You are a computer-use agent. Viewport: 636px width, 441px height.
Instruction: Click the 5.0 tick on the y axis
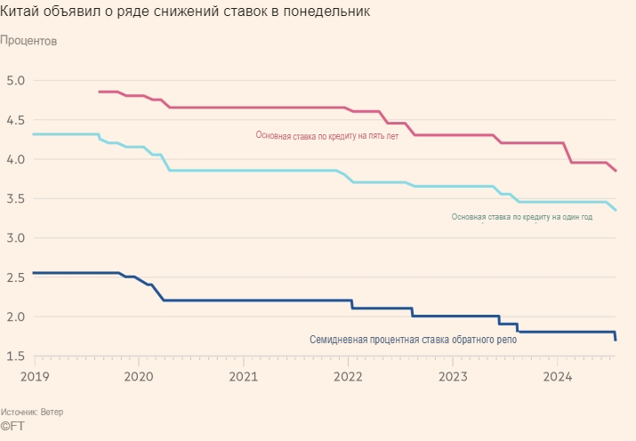(x=16, y=81)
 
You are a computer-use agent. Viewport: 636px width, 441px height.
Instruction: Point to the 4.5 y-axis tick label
(x=16, y=120)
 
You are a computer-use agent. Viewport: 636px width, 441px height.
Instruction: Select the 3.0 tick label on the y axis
(x=16, y=238)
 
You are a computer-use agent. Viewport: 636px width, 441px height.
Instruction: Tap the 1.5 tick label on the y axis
(x=16, y=357)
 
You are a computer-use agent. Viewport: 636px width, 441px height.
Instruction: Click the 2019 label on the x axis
(x=34, y=376)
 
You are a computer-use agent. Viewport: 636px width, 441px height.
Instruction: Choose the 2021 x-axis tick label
(x=243, y=376)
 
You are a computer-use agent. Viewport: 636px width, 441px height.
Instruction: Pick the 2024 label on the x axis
(x=558, y=376)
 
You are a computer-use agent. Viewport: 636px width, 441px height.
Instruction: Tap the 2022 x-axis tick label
(x=348, y=376)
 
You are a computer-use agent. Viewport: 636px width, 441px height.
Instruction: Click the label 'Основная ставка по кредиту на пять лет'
(x=327, y=136)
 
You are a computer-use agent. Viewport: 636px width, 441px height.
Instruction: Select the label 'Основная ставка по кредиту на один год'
(x=521, y=217)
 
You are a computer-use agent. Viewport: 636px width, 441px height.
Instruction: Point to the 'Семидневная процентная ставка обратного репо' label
(x=413, y=339)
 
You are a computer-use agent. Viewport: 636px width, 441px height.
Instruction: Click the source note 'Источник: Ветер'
(x=32, y=413)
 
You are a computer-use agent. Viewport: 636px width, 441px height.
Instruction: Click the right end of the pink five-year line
(x=616, y=171)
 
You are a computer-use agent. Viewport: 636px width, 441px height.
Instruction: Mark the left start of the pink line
(x=99, y=92)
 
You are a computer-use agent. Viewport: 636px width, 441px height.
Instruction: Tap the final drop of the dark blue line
(x=615, y=336)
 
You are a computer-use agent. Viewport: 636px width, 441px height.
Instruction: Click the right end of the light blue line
(x=616, y=210)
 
